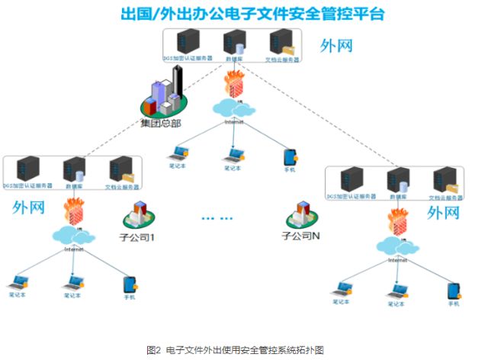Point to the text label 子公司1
(138, 237)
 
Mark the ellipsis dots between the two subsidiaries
(216, 218)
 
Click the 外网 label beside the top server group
(336, 45)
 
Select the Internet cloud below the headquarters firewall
(234, 108)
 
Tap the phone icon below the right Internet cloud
(454, 291)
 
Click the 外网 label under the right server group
(445, 213)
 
